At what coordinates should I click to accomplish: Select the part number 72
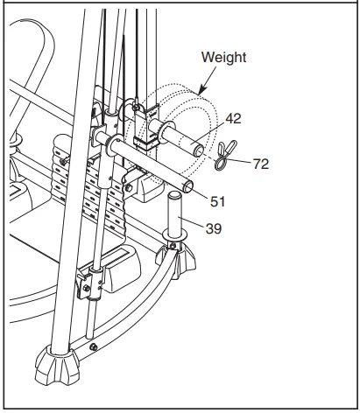coord(258,163)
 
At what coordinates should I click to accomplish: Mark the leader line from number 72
coord(244,161)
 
